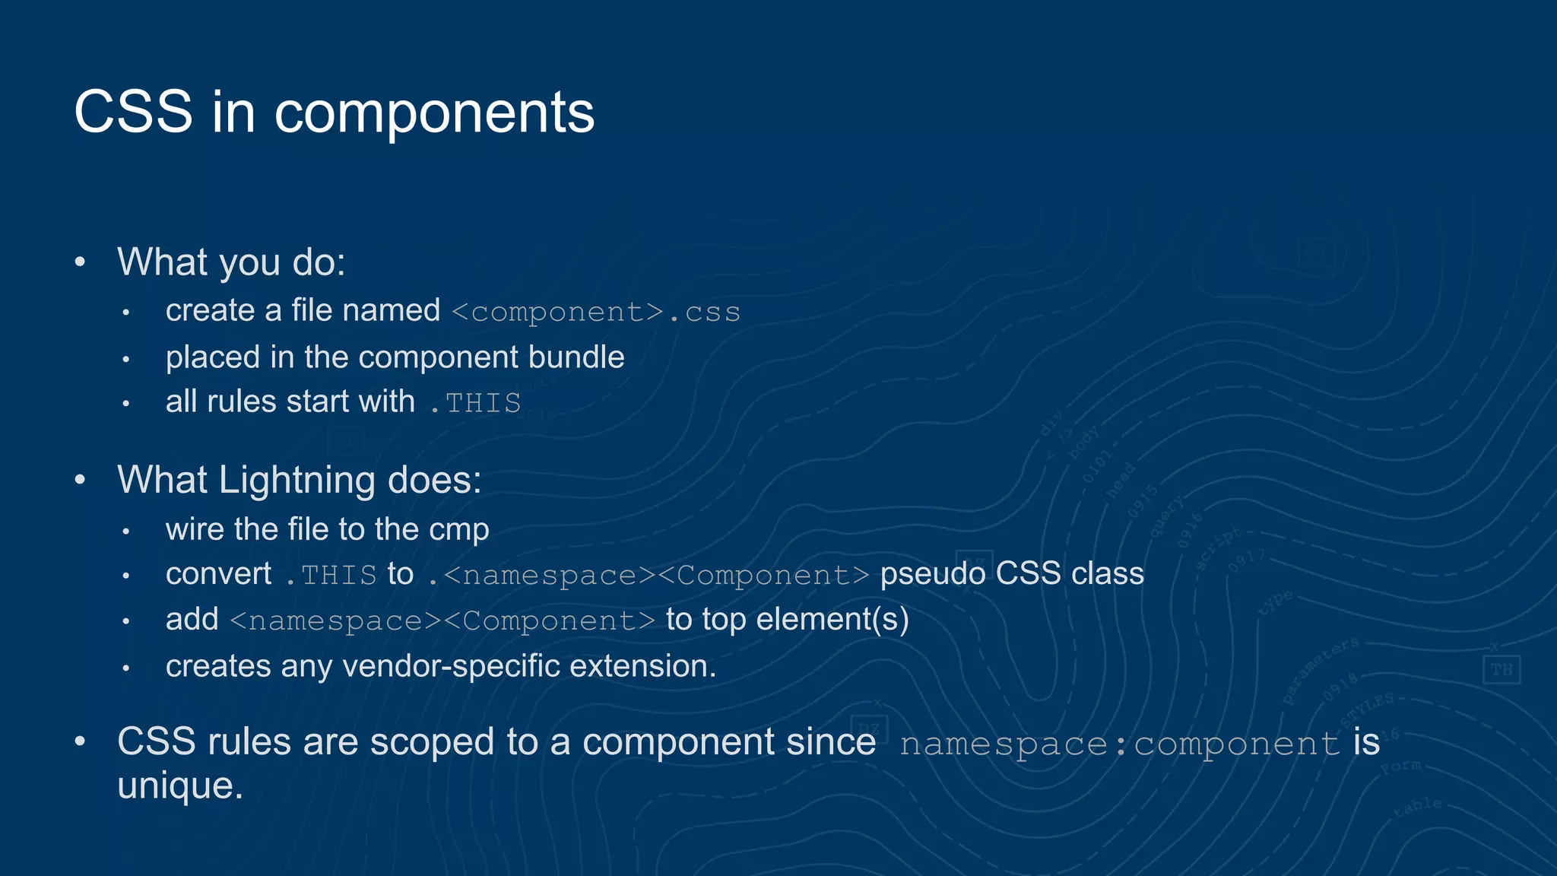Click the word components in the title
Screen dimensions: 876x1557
[433, 114]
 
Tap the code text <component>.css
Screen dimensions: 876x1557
[595, 312]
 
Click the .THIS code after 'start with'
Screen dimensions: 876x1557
[475, 402]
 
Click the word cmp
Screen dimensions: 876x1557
[458, 530]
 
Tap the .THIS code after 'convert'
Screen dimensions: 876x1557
[331, 575]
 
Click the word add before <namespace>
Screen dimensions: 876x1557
[192, 619]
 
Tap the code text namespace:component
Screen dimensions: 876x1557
[1119, 743]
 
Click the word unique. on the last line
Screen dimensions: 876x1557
[180, 786]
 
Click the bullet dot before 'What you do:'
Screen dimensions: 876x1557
[81, 262]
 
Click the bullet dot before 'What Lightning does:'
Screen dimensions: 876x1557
[81, 480]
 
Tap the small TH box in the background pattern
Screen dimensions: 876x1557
[1501, 670]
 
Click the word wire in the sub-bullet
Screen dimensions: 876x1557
[195, 529]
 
